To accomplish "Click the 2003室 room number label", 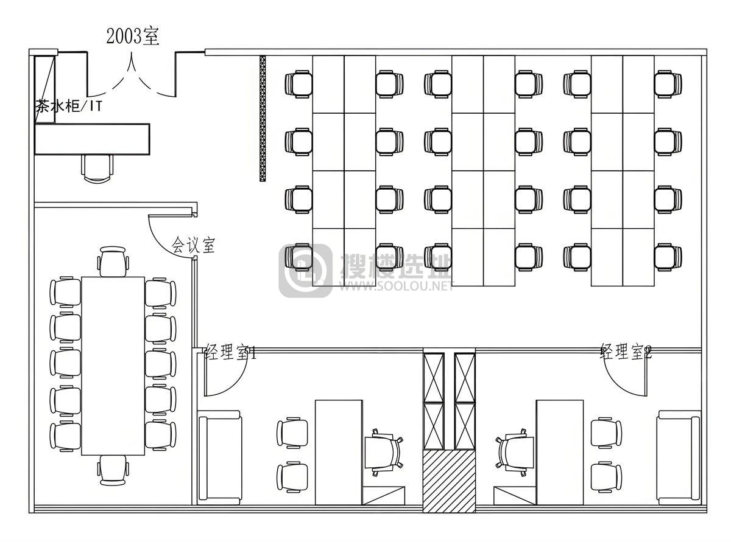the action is [x=133, y=36].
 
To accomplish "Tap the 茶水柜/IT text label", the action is [x=69, y=106].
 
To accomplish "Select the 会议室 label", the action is [x=193, y=245].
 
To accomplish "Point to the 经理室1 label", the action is [x=230, y=352].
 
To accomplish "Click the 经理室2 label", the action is [x=626, y=352].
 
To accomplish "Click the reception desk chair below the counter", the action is [x=97, y=168].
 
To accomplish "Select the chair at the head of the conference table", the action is [x=113, y=262].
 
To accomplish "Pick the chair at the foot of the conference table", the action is [x=113, y=471].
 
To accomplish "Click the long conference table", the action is [x=113, y=366].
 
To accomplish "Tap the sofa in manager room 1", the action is [x=220, y=458].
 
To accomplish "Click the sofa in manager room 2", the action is [x=679, y=458].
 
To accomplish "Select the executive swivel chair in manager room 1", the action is [x=384, y=453].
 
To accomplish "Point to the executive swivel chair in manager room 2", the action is [x=515, y=453].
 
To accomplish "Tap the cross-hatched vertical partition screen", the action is [x=263, y=119].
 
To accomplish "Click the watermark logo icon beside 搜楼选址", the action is [x=306, y=271].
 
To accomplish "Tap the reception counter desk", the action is [x=92, y=139].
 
